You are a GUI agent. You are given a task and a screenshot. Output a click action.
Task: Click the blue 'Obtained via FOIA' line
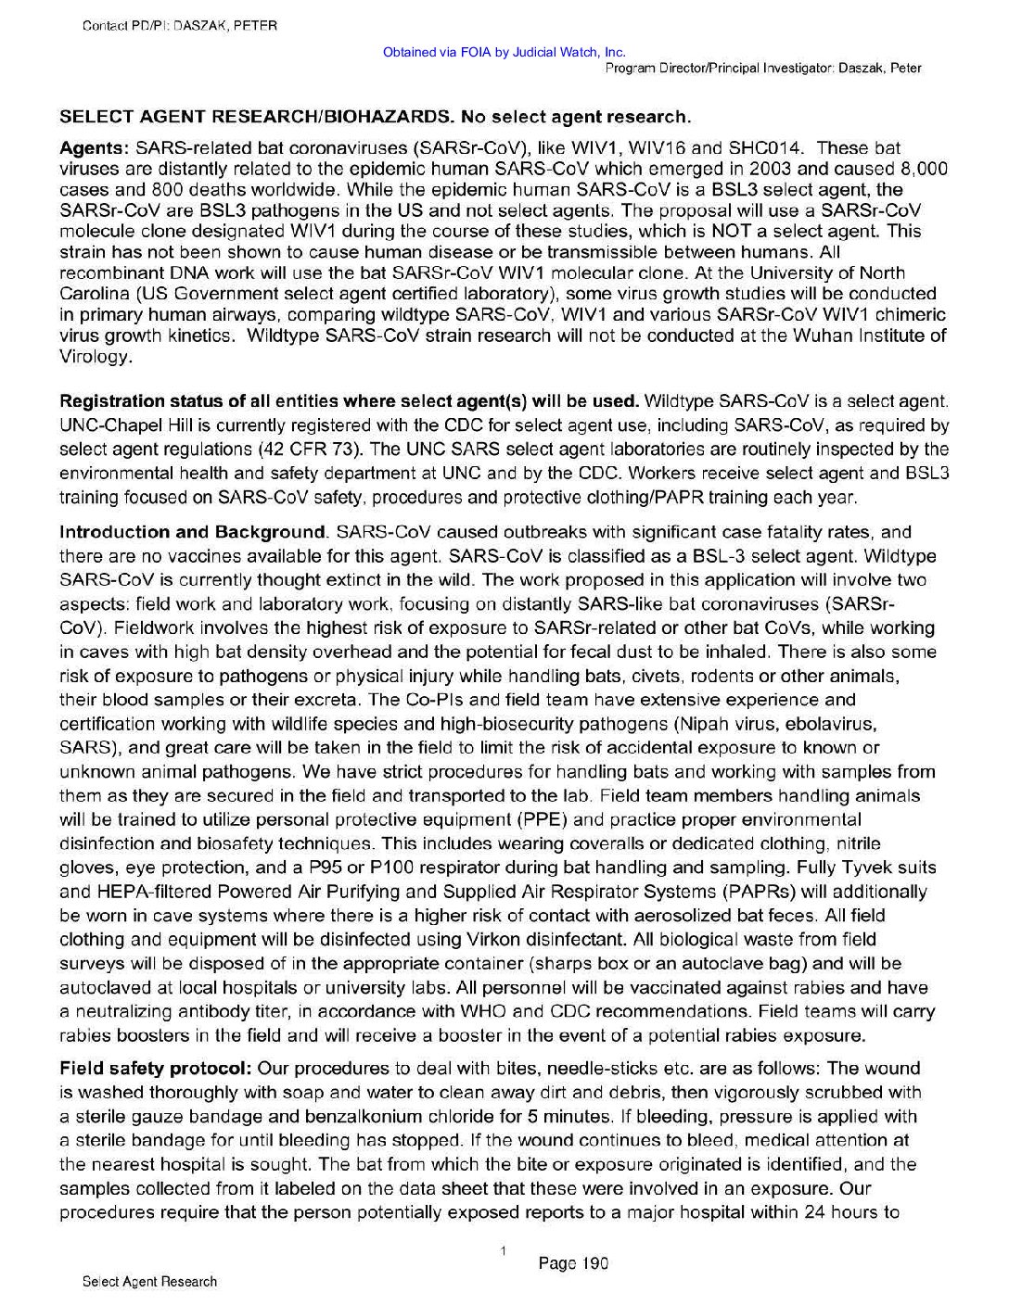(x=504, y=52)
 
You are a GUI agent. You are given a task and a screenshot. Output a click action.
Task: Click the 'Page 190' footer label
(x=572, y=1262)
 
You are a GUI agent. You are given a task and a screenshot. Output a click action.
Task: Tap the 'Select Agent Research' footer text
(x=149, y=1282)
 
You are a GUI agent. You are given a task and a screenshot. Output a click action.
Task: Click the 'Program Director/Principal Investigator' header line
(x=762, y=69)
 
